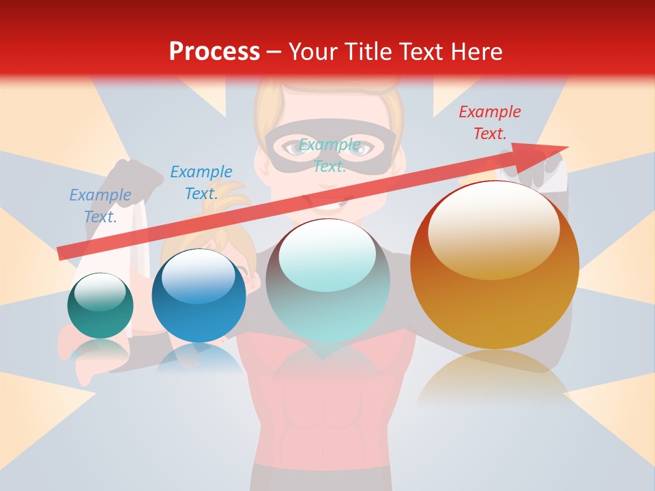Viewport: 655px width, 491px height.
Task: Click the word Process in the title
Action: (x=214, y=52)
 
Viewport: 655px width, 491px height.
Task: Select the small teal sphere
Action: (x=100, y=306)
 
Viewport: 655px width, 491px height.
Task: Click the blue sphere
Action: (x=199, y=296)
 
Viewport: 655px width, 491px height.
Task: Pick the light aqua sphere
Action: (x=327, y=280)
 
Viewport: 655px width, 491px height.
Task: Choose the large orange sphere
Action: (x=495, y=266)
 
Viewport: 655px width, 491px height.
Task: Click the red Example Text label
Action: (x=489, y=123)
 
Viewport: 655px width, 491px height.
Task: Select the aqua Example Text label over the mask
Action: (x=330, y=155)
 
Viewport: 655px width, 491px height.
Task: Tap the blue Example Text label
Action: (x=201, y=183)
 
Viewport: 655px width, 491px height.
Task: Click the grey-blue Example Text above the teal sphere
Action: (x=100, y=205)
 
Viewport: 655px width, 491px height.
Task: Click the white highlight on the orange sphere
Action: (x=493, y=230)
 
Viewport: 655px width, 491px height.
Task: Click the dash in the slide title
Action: (x=274, y=52)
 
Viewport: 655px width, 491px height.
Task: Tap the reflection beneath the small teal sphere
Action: (x=100, y=351)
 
